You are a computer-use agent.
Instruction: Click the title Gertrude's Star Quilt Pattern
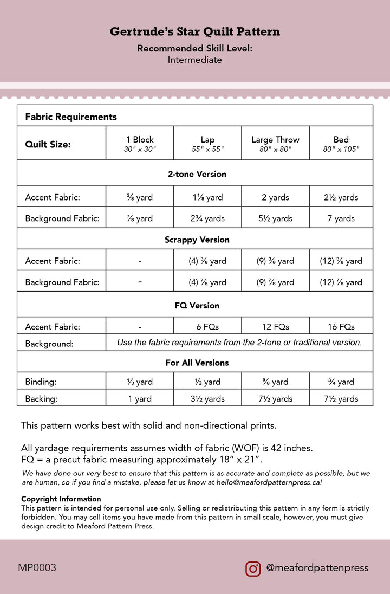point(195,32)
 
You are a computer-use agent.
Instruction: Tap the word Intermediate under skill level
point(195,60)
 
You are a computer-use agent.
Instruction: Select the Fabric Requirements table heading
point(71,117)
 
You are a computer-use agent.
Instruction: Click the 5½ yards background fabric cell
point(275,218)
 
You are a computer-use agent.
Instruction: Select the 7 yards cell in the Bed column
point(341,218)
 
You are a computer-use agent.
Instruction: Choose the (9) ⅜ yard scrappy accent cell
point(275,261)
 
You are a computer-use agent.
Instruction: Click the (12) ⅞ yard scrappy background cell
point(341,282)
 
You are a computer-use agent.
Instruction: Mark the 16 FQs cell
point(341,326)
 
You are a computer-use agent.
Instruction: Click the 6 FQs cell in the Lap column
point(207,326)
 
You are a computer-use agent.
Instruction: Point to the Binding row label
point(41,382)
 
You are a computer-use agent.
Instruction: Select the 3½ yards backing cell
point(207,398)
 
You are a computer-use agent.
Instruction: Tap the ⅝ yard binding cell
point(275,382)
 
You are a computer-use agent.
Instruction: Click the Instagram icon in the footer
point(253,569)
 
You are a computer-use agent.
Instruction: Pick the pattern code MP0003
point(37,568)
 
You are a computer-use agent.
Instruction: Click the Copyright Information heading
point(61,499)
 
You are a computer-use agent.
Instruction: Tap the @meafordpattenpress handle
point(317,568)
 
